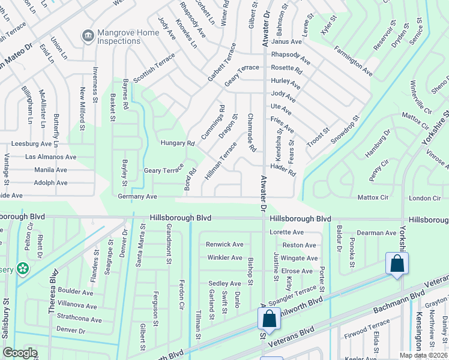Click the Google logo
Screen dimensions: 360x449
coord(20,353)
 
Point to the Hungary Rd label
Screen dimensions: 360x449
coord(178,143)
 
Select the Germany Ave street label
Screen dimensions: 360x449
coord(137,196)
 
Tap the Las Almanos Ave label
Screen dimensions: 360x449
coord(50,157)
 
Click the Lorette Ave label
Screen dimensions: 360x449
coord(286,232)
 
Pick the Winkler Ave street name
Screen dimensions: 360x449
coord(224,257)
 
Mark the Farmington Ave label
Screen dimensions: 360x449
coord(354,61)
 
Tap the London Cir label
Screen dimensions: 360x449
coord(424,198)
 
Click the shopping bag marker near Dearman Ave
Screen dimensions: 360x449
coord(397,264)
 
